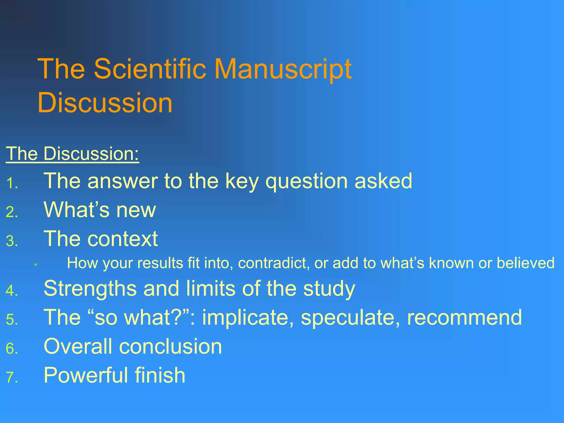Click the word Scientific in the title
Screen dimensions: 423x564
(x=150, y=69)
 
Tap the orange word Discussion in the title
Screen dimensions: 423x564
(x=105, y=102)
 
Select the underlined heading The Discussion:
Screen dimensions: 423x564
(x=72, y=153)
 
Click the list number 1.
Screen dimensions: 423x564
(x=12, y=183)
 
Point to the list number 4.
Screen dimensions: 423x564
(x=12, y=291)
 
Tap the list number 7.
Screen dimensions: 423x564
(x=12, y=377)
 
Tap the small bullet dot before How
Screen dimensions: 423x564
(x=36, y=265)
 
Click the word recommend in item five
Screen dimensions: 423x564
(x=464, y=318)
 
